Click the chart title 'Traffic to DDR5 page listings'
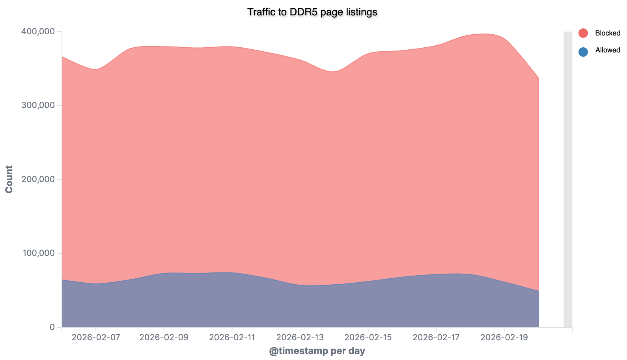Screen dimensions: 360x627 click(312, 12)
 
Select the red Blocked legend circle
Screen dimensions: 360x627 click(583, 33)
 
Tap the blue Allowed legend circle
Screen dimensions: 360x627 click(583, 51)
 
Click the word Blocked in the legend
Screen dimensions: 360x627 click(607, 33)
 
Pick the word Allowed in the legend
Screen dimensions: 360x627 click(607, 50)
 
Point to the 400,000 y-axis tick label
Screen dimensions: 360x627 click(37, 32)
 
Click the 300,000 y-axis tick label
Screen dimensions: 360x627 click(37, 105)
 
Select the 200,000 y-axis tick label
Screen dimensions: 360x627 click(37, 179)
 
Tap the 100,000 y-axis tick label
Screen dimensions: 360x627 click(37, 253)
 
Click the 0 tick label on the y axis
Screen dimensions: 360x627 click(52, 327)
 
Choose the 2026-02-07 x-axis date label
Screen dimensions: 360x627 click(96, 338)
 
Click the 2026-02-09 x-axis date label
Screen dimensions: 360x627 click(164, 338)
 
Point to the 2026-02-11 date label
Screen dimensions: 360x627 click(232, 338)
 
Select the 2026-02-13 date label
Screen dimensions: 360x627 click(300, 338)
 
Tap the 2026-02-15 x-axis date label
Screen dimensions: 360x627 click(368, 338)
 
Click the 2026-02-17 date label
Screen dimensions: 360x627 click(436, 338)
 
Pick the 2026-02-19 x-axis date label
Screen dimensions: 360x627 click(504, 338)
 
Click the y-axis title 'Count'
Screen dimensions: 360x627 click(9, 179)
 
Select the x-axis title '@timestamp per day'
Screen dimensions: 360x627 click(317, 351)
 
